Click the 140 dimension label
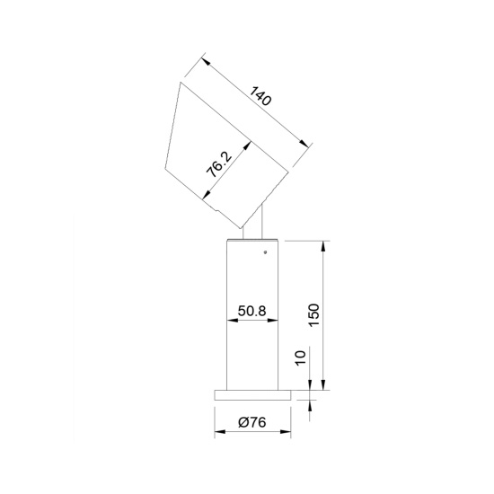pyautogui.click(x=260, y=96)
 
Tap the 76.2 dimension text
pyautogui.click(x=219, y=164)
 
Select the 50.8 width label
pyautogui.click(x=252, y=311)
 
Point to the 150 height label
pyautogui.click(x=313, y=315)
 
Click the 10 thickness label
pyautogui.click(x=301, y=357)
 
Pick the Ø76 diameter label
pyautogui.click(x=252, y=422)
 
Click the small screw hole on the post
pyautogui.click(x=265, y=252)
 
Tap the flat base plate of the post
pyautogui.click(x=252, y=395)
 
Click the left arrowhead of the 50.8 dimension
pyautogui.click(x=232, y=321)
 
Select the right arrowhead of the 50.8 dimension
pyautogui.click(x=273, y=321)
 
